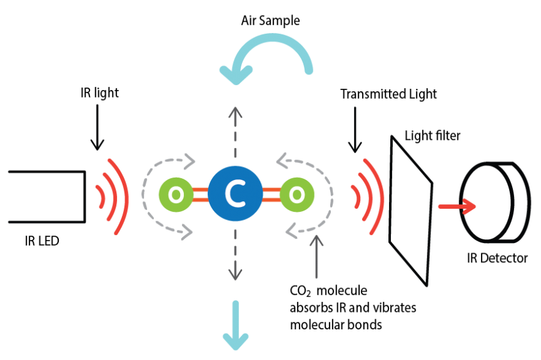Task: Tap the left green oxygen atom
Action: (x=176, y=194)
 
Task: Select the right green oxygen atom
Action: (x=296, y=194)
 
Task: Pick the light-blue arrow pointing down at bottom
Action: (x=236, y=325)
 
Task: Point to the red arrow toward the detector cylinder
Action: (x=457, y=206)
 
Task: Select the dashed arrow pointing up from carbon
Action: (x=235, y=131)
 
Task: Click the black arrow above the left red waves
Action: (x=97, y=127)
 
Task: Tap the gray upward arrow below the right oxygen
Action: (x=316, y=256)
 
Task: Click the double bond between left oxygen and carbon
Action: (x=200, y=194)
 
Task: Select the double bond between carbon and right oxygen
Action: (x=271, y=194)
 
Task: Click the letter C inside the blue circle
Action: (x=235, y=194)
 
